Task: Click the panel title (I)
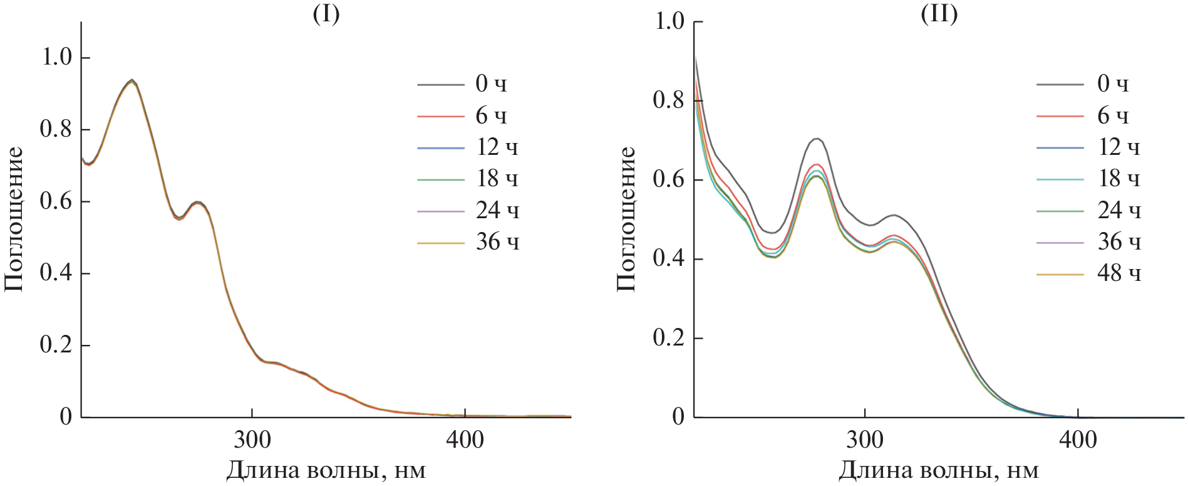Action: coord(326,14)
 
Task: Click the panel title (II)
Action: coord(939,14)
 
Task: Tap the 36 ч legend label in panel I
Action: coord(497,242)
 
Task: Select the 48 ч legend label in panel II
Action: coord(1118,273)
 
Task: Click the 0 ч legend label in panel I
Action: coord(490,83)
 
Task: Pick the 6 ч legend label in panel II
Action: coord(1112,115)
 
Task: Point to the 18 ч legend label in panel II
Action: coord(1118,179)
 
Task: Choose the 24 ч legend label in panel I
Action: coord(497,211)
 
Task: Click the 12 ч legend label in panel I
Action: coord(497,147)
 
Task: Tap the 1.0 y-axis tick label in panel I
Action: coord(56,57)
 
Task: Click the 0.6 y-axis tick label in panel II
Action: coord(669,179)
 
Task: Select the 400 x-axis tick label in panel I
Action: coord(465,440)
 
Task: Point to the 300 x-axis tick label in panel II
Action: coord(864,440)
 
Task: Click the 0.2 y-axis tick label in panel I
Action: coord(56,345)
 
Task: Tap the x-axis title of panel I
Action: coord(326,470)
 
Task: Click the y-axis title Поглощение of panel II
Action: coord(626,219)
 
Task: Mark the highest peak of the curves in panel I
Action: coord(132,80)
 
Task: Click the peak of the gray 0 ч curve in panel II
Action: coord(817,139)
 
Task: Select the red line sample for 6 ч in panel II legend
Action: coord(1060,116)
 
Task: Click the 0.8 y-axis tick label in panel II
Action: coord(669,100)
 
